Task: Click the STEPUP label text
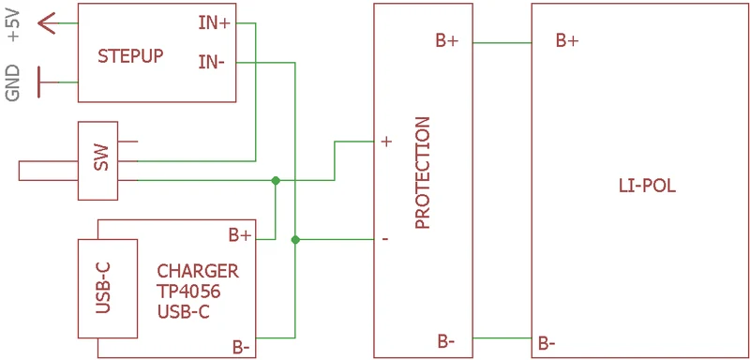click(x=130, y=56)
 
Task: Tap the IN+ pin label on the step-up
click(x=215, y=22)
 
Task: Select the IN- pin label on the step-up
click(x=212, y=62)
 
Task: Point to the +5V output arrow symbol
click(x=48, y=22)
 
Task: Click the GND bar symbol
click(x=39, y=82)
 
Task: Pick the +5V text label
click(x=15, y=26)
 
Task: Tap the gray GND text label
click(x=13, y=82)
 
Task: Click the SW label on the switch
click(x=101, y=157)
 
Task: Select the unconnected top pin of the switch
click(x=127, y=142)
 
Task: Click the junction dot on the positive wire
click(x=276, y=180)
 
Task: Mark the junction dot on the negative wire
click(x=295, y=239)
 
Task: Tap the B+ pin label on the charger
click(x=240, y=235)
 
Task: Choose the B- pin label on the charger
click(x=241, y=347)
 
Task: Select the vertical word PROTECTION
click(x=423, y=172)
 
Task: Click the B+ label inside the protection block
click(x=447, y=40)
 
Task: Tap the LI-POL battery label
click(x=647, y=186)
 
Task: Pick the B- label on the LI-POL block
click(x=547, y=343)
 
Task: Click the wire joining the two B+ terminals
click(x=502, y=42)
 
